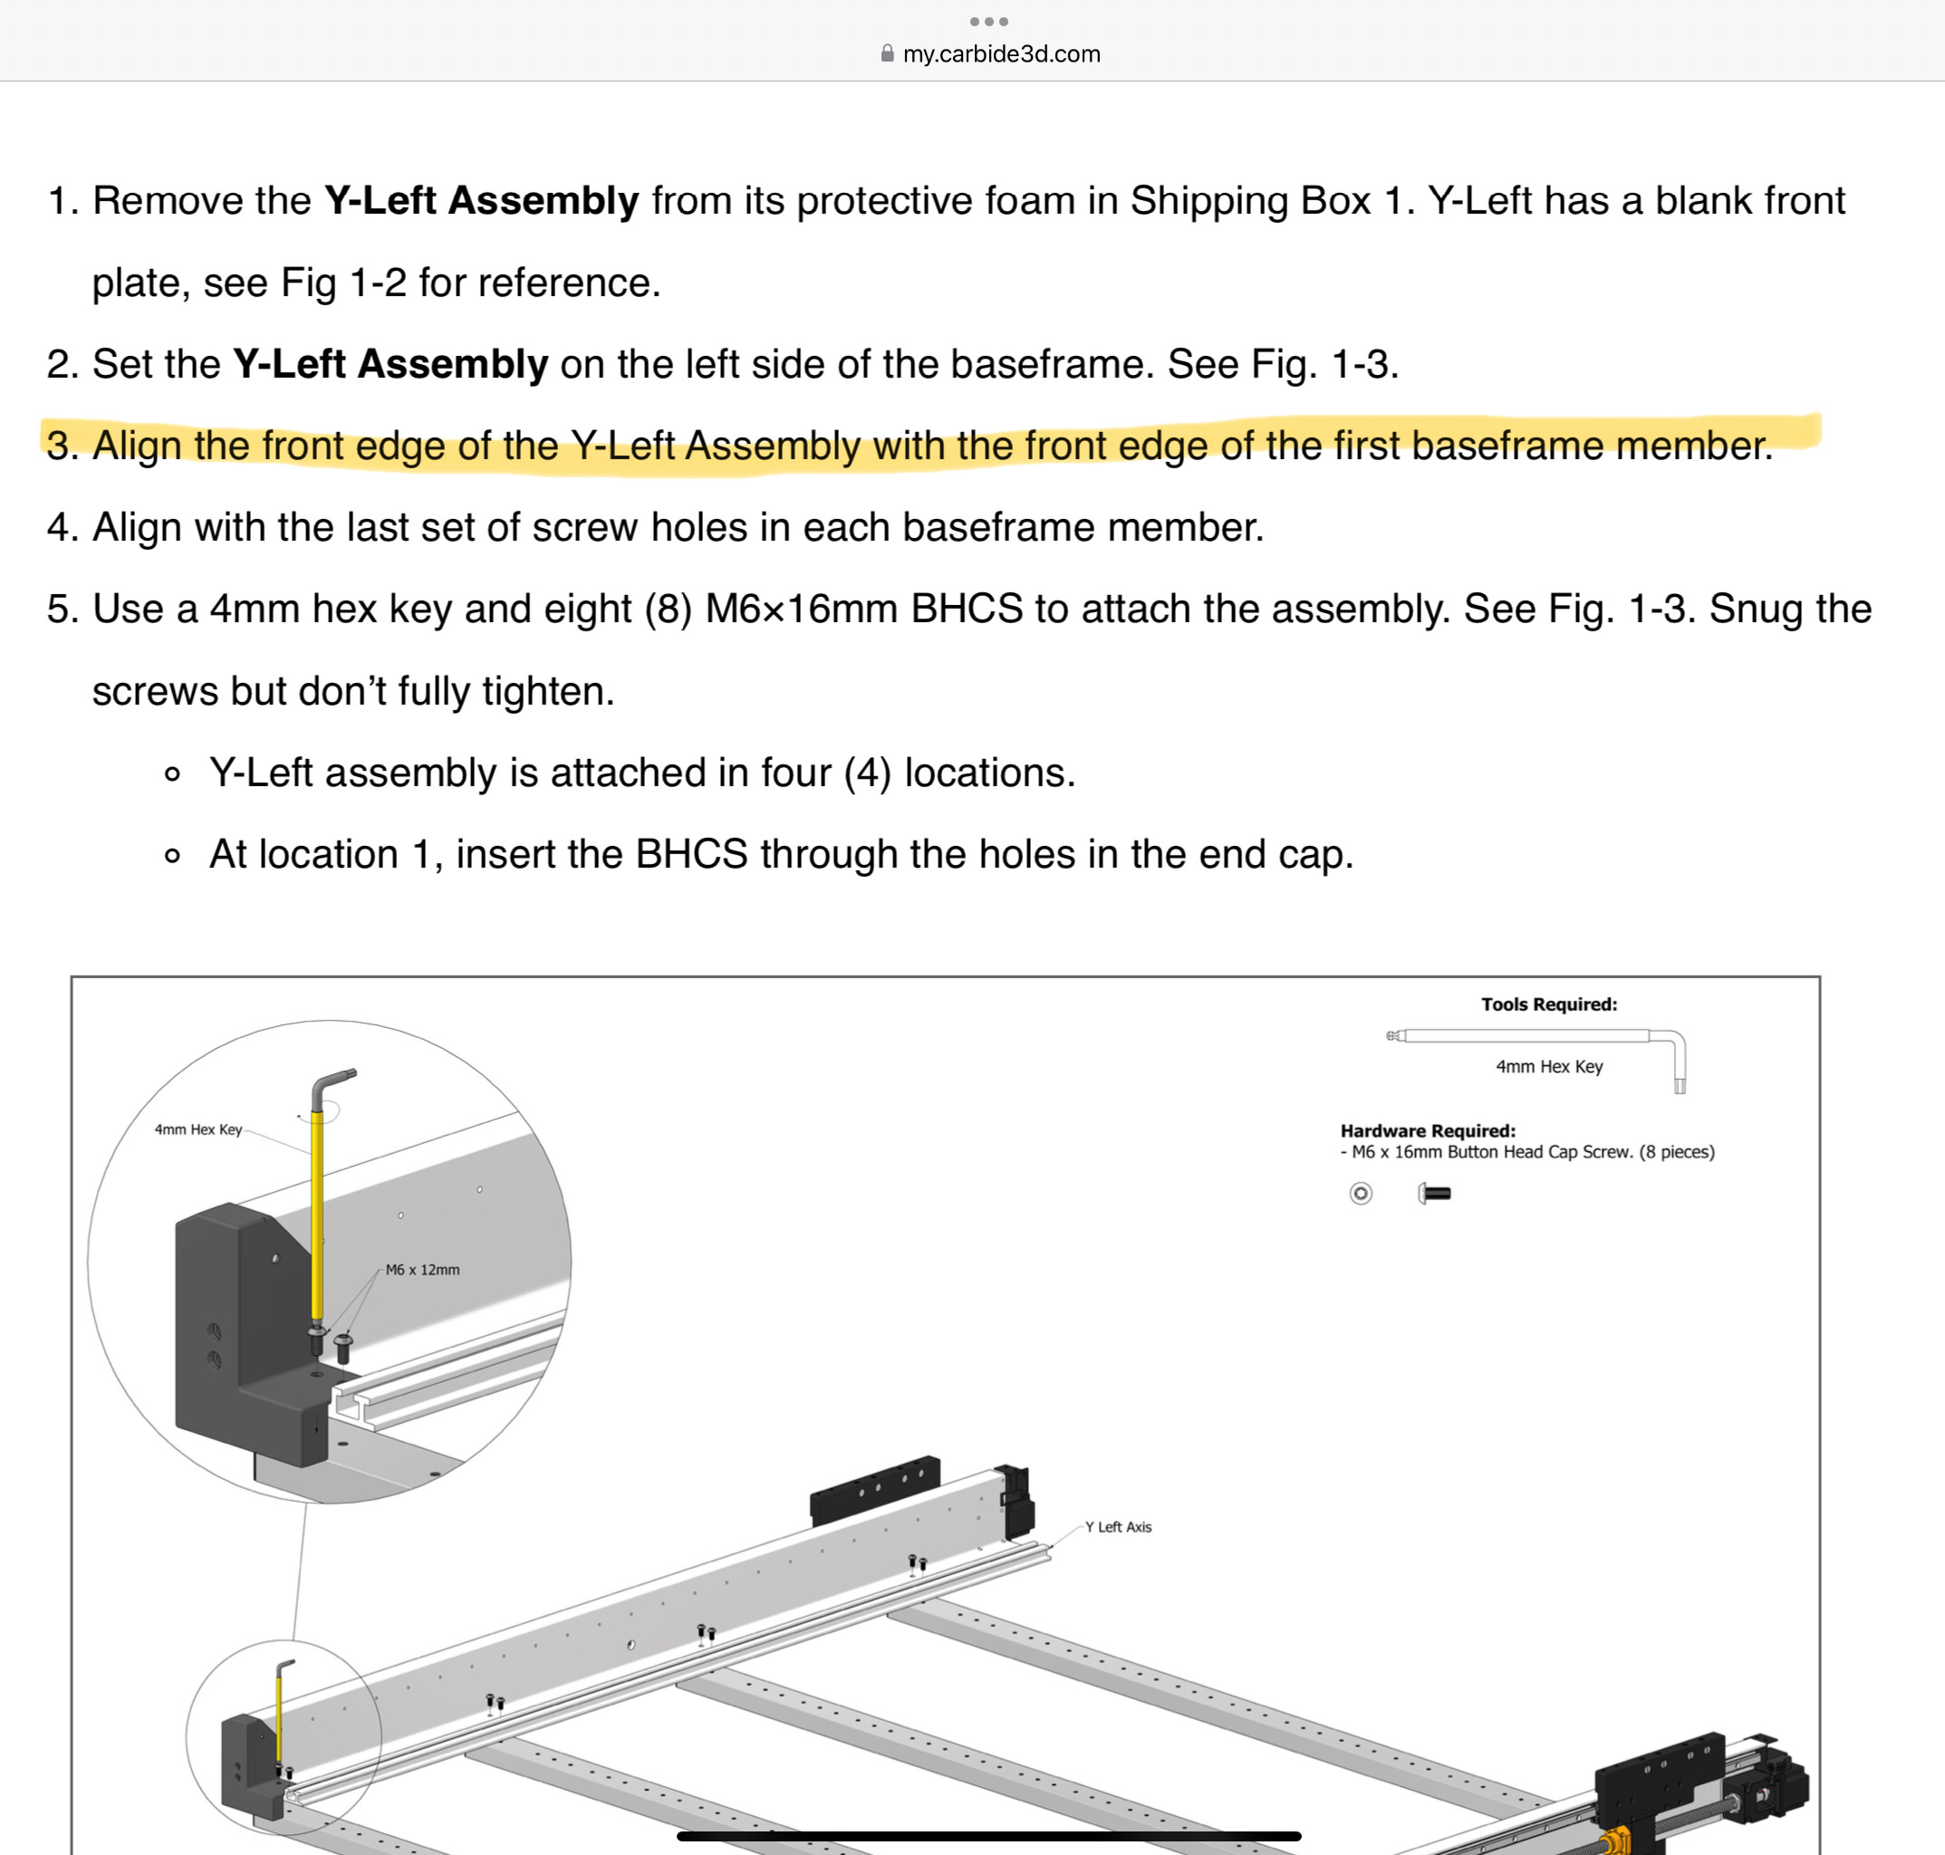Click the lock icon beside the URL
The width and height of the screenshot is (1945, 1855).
[887, 53]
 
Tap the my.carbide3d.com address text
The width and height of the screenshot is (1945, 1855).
[1001, 54]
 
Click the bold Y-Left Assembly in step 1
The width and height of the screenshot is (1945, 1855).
[482, 201]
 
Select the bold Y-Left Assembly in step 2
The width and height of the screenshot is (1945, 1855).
[390, 364]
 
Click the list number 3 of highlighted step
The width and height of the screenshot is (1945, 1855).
[62, 446]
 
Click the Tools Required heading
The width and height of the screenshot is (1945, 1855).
[1548, 1004]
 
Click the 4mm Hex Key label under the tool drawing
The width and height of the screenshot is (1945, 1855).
[1548, 1067]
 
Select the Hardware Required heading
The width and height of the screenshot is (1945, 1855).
[1427, 1131]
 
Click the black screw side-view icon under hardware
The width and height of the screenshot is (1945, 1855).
[1435, 1194]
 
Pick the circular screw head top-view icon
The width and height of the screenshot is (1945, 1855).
[1361, 1194]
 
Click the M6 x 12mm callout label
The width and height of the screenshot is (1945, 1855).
[422, 1270]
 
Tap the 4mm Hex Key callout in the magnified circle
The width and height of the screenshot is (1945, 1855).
[197, 1129]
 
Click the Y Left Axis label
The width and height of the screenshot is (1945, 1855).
[1117, 1527]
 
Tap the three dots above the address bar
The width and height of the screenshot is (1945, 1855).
[989, 22]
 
